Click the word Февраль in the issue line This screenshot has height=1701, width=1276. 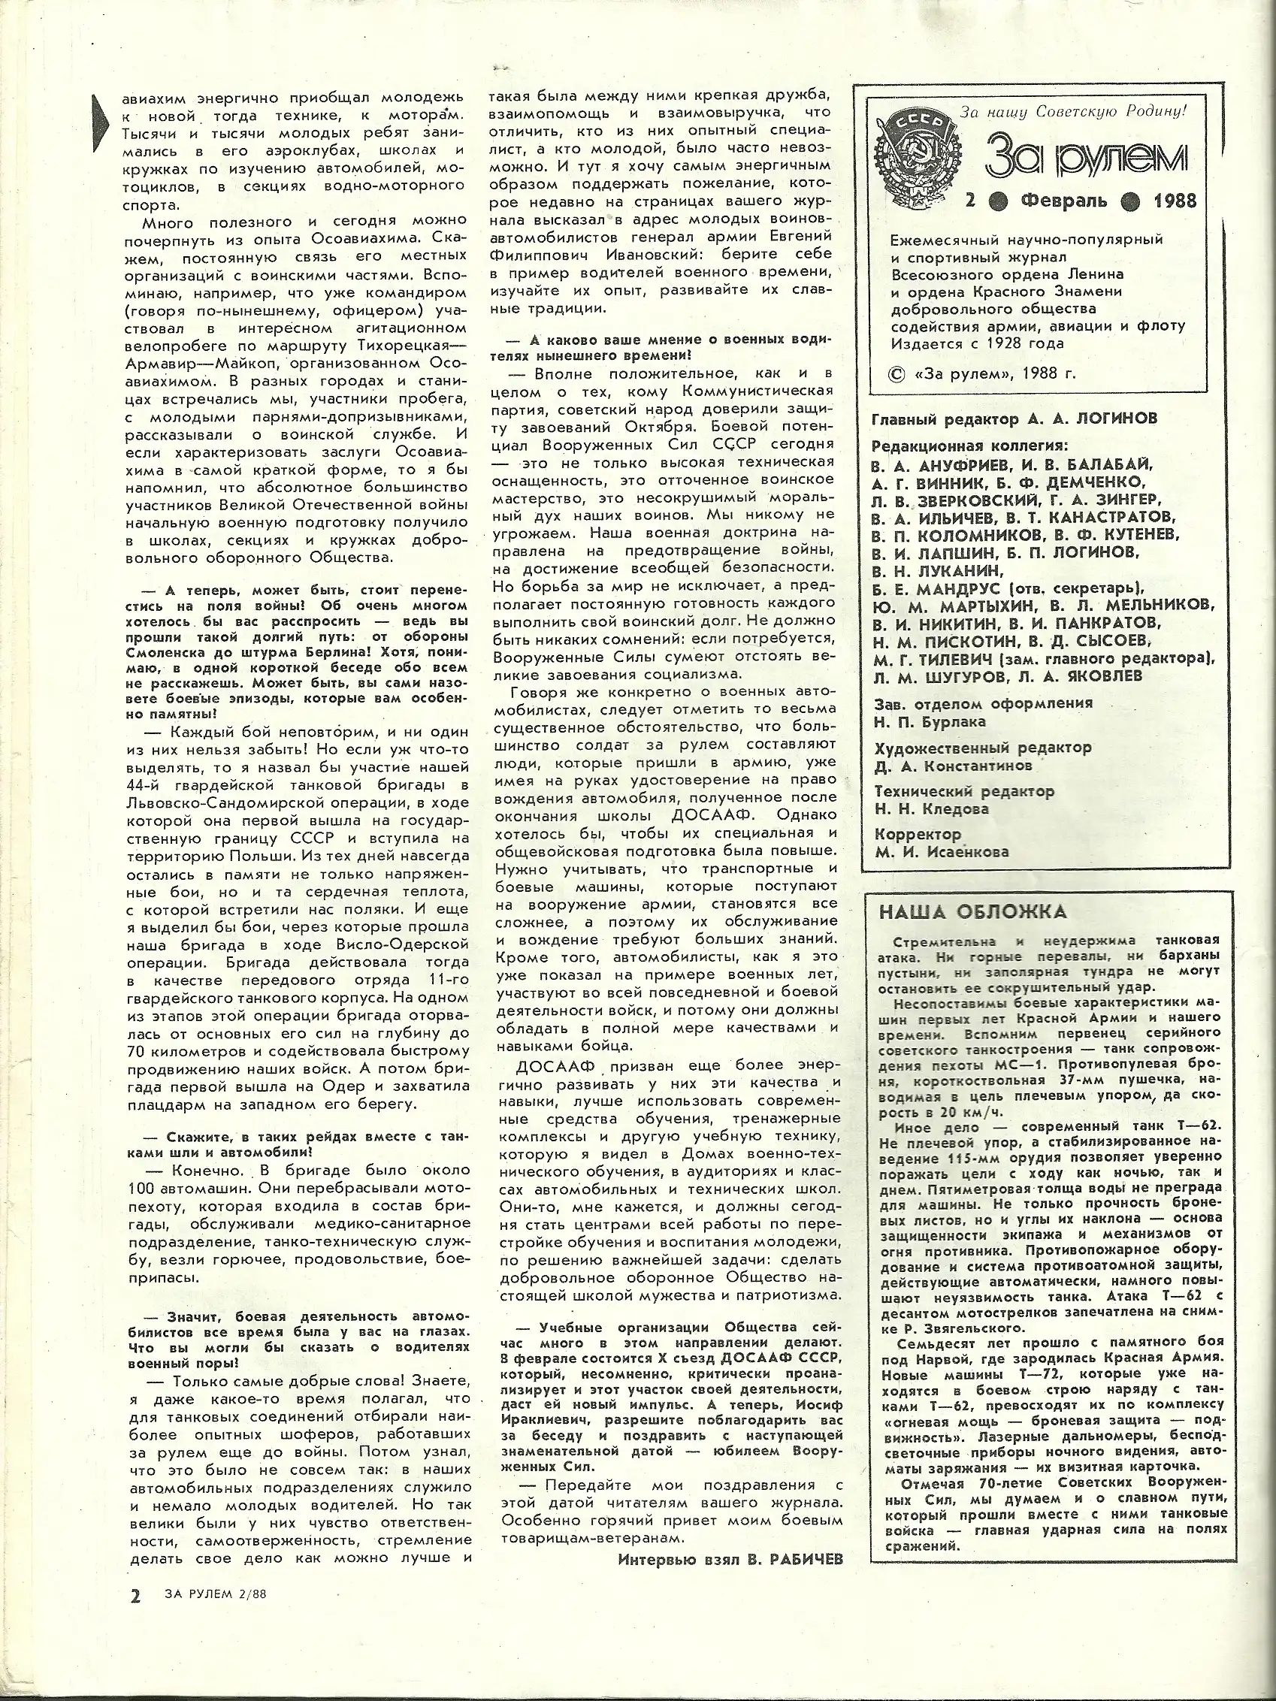1064,201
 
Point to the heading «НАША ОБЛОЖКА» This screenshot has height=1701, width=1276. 973,912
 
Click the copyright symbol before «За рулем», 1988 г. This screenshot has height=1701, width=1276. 895,373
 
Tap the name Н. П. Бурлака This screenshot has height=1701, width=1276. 930,722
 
